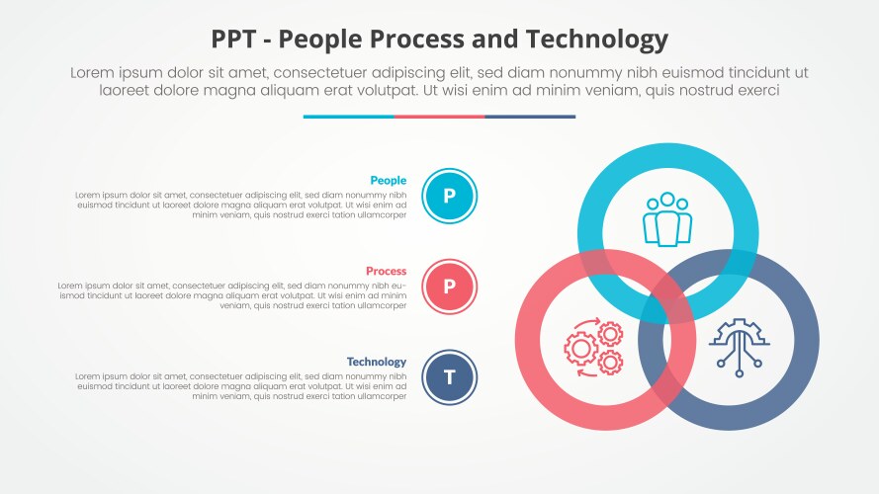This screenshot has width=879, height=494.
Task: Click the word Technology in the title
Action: (x=600, y=40)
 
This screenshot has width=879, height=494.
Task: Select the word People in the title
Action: (x=321, y=40)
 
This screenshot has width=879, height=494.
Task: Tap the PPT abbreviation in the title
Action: (x=236, y=40)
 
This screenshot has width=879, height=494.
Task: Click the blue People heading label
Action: (x=388, y=180)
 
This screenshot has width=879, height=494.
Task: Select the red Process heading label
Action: (x=386, y=271)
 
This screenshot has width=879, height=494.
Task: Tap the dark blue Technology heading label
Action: (x=376, y=362)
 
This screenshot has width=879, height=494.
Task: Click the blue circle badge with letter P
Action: (x=449, y=196)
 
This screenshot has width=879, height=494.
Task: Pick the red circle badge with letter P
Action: (x=449, y=287)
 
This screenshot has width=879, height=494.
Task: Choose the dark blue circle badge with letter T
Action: (x=449, y=377)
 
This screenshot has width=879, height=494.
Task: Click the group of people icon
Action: (x=667, y=219)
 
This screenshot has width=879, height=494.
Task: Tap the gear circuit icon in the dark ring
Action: (x=739, y=345)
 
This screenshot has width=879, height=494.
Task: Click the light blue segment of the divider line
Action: (x=348, y=117)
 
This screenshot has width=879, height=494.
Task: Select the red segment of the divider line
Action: (x=439, y=117)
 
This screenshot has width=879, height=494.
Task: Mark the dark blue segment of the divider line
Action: (x=530, y=117)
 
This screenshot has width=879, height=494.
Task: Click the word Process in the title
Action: (x=426, y=40)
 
